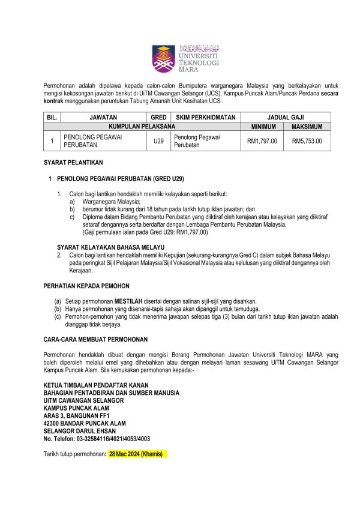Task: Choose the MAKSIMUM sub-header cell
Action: pos(307,127)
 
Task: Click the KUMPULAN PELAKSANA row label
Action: pos(142,127)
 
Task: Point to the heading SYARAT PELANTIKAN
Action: pos(74,163)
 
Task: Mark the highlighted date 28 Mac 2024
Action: pos(135,454)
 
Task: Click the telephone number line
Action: pos(97,439)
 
